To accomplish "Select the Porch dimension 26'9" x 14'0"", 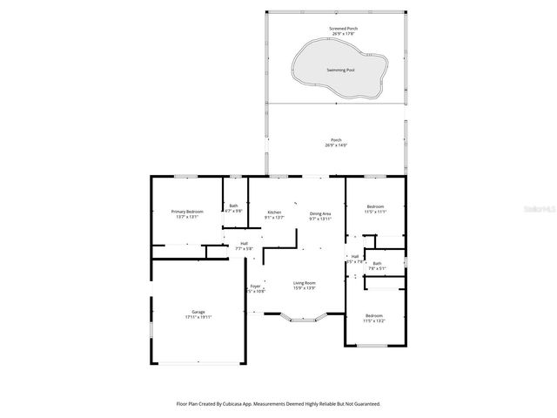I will (336, 145).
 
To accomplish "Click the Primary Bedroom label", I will (187, 212).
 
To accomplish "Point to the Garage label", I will (198, 312).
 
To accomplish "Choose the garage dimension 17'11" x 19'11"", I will (198, 318).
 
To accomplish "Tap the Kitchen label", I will (274, 212).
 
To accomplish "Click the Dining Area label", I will (320, 212).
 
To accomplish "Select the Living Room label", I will (304, 283).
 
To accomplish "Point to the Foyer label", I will (256, 286).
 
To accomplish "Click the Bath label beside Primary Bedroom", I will (233, 206).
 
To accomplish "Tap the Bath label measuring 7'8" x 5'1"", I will (377, 263).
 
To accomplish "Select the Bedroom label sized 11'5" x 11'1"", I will (374, 206).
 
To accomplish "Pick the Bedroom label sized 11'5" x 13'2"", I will (373, 315).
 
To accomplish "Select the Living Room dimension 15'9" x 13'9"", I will (304, 288).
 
